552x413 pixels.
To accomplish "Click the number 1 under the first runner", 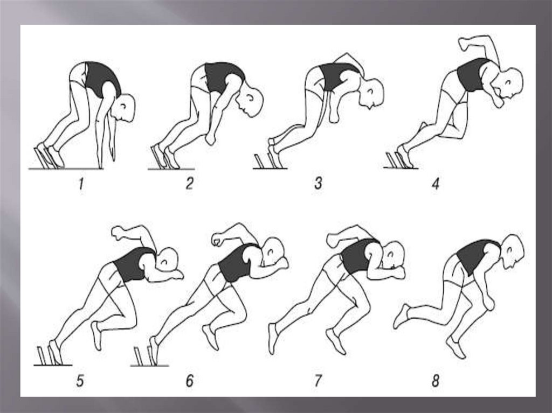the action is [x=81, y=184].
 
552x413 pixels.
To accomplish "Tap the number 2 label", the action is [x=190, y=183].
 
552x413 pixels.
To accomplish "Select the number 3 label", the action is [x=318, y=183].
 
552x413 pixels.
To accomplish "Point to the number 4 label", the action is [x=436, y=183].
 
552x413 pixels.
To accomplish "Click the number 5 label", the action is [x=80, y=381].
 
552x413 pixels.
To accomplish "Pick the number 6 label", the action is [x=190, y=381].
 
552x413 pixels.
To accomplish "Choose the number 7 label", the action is [x=318, y=381].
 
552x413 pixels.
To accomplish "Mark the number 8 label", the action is [x=436, y=381].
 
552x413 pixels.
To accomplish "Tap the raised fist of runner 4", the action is [x=464, y=44].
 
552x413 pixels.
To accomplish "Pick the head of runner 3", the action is [x=372, y=93].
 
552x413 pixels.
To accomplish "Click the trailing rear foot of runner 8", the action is [x=402, y=316].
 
